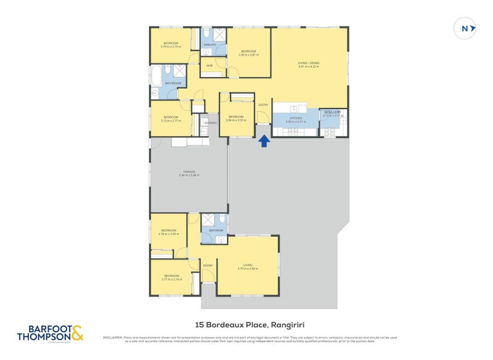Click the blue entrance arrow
point(264,141)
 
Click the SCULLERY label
point(332,112)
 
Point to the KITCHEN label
point(296,117)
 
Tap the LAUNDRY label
point(210,123)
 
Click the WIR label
point(210,65)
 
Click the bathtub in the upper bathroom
point(157,77)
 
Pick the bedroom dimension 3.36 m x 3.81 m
point(248,55)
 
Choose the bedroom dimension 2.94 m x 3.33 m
point(236,121)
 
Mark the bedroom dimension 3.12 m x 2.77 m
point(170,121)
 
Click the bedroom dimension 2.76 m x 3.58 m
point(168,234)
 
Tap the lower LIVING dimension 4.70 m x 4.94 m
point(248,269)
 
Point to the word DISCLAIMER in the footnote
point(112,337)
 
